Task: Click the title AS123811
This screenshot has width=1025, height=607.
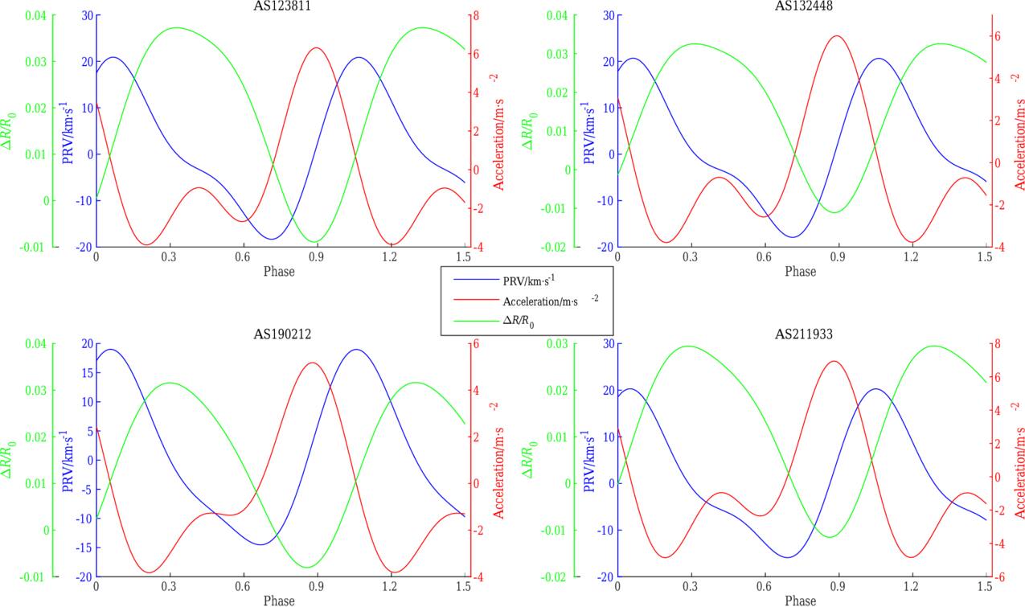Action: click(277, 6)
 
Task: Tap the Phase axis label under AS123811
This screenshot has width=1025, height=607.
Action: click(279, 271)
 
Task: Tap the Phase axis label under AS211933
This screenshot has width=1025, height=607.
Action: click(800, 600)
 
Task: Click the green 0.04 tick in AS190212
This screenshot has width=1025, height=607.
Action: click(37, 344)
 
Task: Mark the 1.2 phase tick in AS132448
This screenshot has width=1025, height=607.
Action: click(911, 256)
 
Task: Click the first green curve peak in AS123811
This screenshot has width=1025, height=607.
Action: click(177, 27)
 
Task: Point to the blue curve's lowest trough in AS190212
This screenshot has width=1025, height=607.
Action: click(261, 544)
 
